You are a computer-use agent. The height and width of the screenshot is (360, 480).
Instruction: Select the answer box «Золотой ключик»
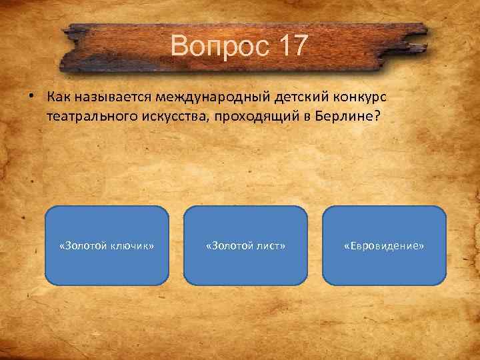pos(107,246)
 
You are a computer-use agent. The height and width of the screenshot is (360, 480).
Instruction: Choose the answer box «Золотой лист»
pos(245,246)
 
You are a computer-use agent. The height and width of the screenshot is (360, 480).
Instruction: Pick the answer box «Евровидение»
pos(384,246)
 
